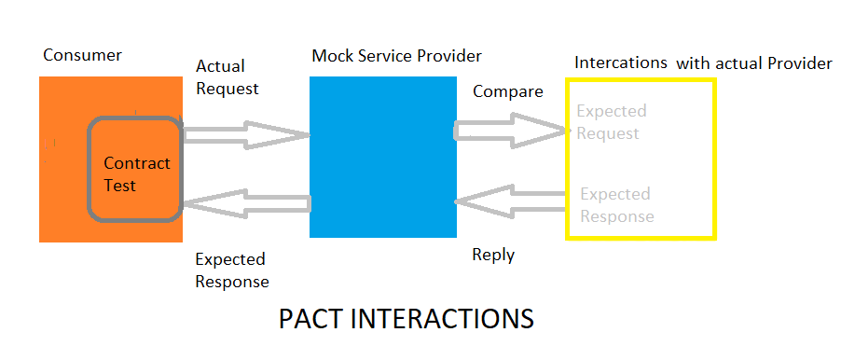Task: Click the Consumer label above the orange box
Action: [x=82, y=56]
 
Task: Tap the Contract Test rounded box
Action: [x=134, y=169]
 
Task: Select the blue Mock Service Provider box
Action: [x=383, y=157]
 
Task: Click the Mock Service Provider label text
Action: [x=396, y=56]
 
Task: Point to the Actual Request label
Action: [x=227, y=77]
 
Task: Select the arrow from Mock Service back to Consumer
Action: [x=246, y=202]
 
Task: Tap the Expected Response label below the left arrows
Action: [x=231, y=270]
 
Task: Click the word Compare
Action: [x=507, y=91]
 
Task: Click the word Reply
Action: [x=493, y=254]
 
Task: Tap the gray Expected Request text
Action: [x=611, y=122]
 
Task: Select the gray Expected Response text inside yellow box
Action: [x=616, y=205]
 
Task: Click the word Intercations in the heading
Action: [x=621, y=63]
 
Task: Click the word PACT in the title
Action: [x=310, y=318]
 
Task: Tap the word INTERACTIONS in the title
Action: [x=441, y=318]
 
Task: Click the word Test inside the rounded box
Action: [x=120, y=186]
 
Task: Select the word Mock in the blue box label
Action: [x=330, y=56]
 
